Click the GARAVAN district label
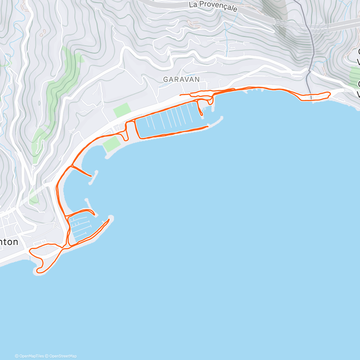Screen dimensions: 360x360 (x=181, y=79)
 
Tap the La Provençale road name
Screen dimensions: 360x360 (x=213, y=6)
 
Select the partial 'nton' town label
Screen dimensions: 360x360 (x=9, y=242)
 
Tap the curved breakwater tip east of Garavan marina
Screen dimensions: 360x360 (x=221, y=118)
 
